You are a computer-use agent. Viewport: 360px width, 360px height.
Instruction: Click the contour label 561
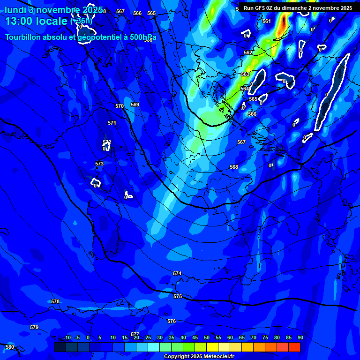(x=267, y=21)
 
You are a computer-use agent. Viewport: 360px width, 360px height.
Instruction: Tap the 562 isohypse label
(x=248, y=52)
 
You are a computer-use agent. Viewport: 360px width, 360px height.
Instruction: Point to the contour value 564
(x=245, y=89)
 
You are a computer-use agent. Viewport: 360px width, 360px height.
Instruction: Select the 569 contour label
(x=135, y=105)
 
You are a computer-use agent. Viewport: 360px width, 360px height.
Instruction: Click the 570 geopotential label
(x=120, y=106)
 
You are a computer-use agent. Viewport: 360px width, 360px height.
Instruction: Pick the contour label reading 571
(x=112, y=123)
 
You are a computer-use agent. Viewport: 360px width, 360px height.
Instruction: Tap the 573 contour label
(x=99, y=164)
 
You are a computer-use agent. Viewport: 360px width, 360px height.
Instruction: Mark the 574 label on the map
(x=177, y=273)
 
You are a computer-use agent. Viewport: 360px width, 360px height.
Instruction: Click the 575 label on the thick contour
(x=177, y=296)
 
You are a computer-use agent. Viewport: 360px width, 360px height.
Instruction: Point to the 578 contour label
(x=55, y=301)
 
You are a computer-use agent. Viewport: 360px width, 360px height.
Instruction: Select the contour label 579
(x=34, y=327)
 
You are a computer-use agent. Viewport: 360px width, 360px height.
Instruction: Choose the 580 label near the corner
(x=10, y=347)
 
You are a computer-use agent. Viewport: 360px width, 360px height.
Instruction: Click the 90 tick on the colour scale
(x=300, y=337)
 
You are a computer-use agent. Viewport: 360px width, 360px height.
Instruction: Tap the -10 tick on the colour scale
(x=67, y=337)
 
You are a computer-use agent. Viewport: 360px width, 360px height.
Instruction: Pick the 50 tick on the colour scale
(x=207, y=337)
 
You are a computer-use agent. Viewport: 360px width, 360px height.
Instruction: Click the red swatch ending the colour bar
(x=294, y=347)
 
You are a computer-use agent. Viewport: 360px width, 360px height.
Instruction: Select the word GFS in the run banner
(x=261, y=8)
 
